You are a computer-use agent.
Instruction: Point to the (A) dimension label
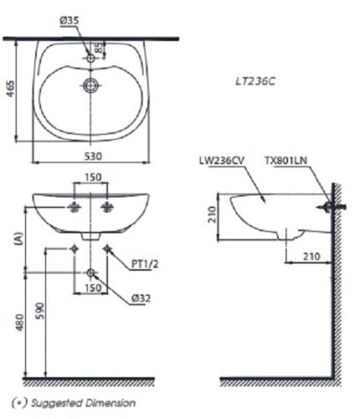coord(18,238)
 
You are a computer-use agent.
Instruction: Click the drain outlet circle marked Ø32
coord(90,273)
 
